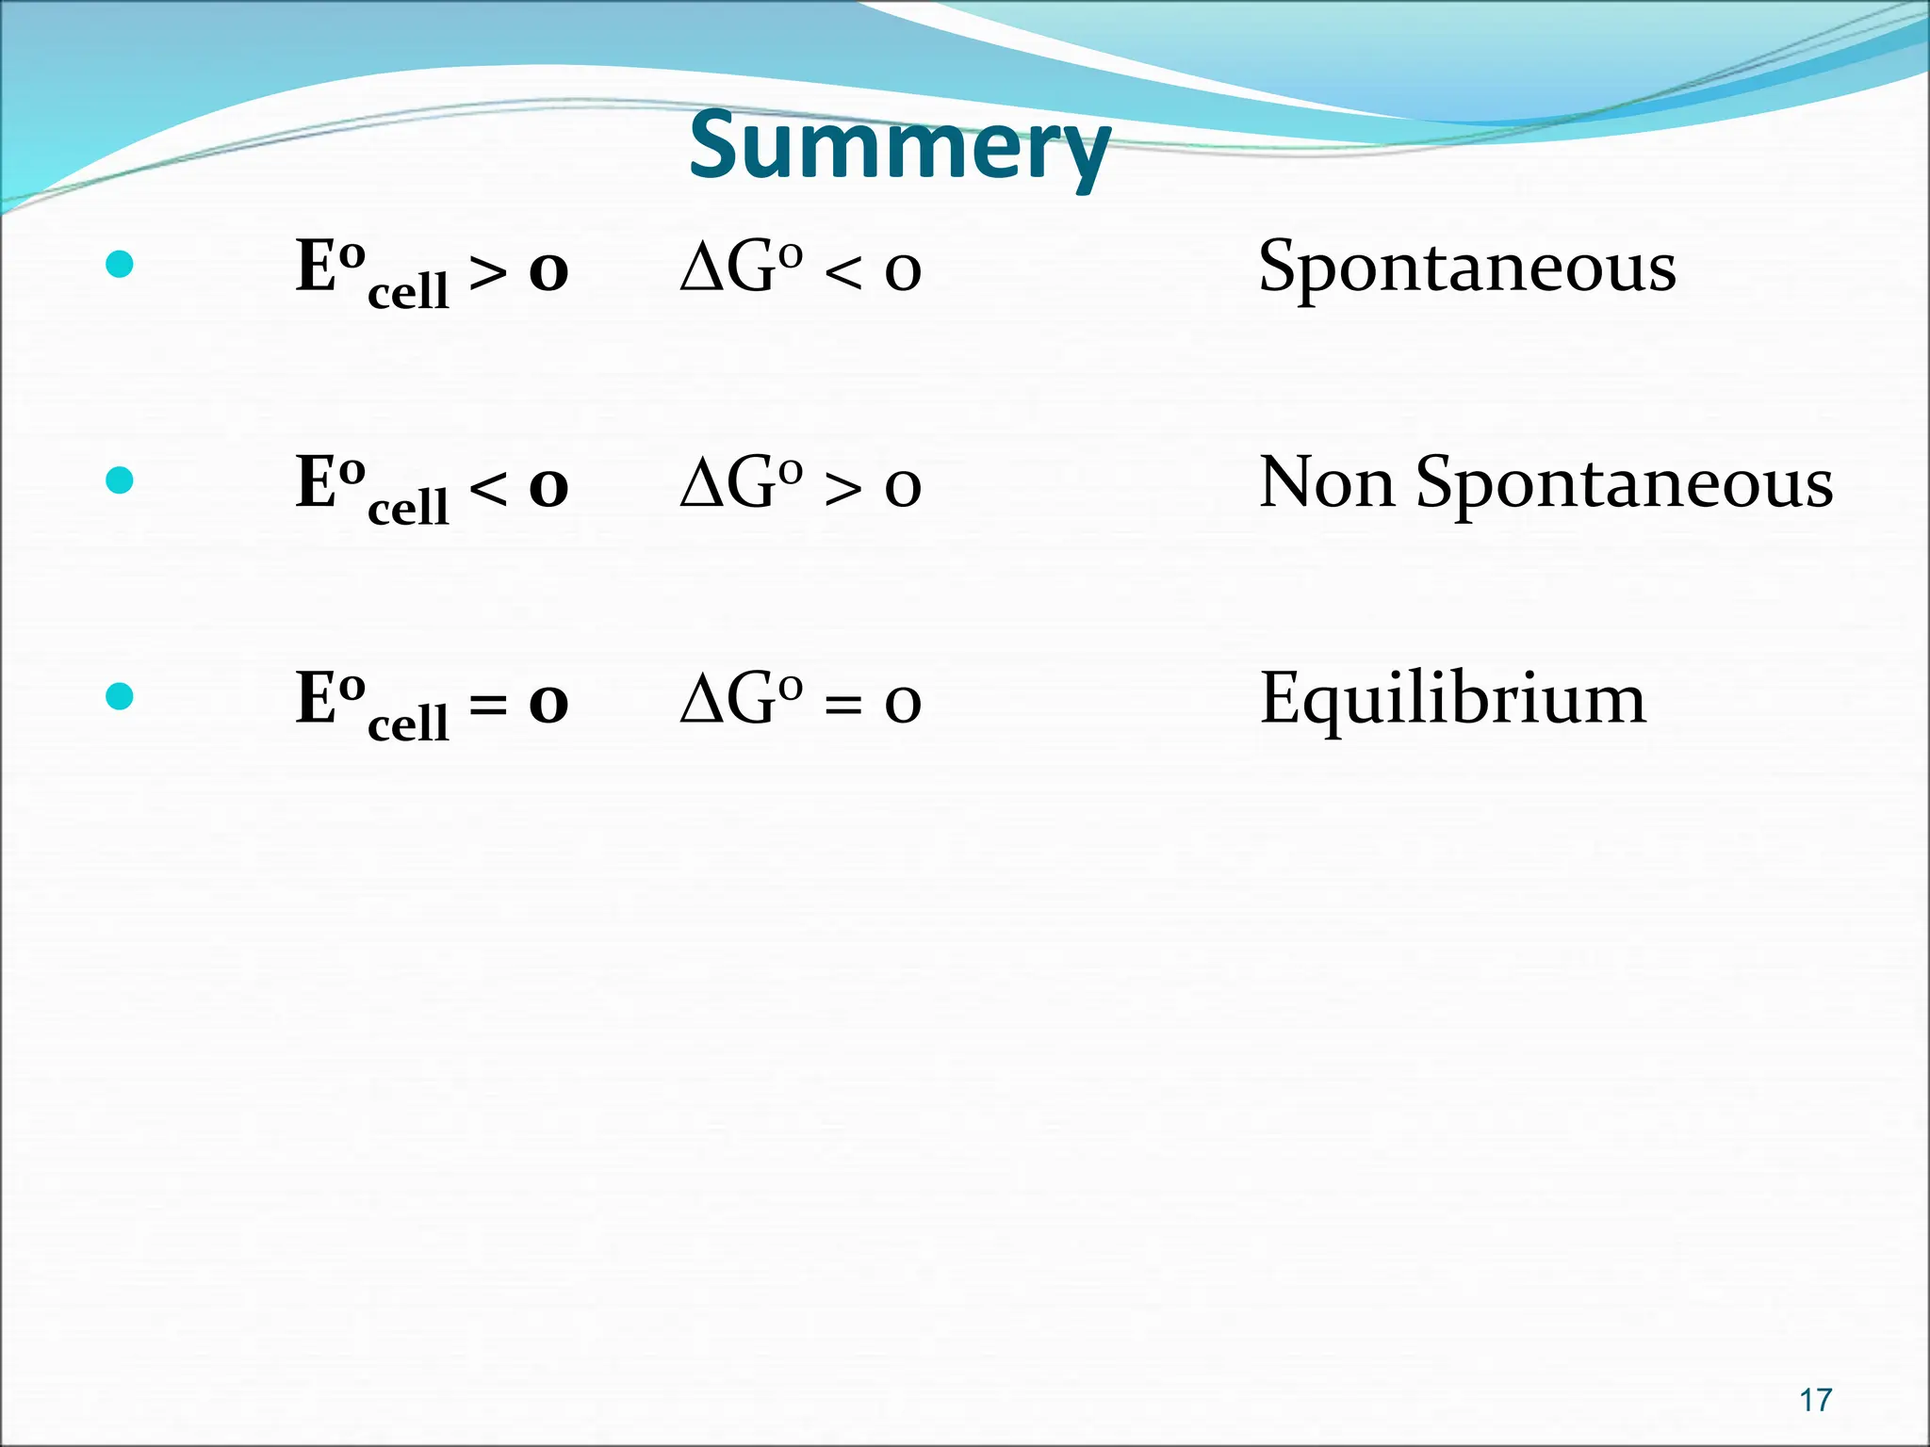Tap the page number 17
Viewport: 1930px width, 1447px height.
coord(1815,1400)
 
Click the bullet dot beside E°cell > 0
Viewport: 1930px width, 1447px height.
coord(120,265)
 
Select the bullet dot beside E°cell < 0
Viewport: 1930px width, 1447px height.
coord(120,481)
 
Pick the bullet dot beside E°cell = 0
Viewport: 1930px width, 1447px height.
coord(120,697)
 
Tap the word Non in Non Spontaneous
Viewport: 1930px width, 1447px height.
coord(1327,483)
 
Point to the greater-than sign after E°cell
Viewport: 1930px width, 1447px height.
coord(488,274)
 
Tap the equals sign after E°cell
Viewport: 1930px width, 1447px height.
coord(488,706)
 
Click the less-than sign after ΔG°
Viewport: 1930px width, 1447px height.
coord(842,274)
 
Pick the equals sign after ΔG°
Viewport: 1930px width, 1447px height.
coord(842,706)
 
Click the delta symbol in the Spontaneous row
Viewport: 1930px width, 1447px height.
coord(700,268)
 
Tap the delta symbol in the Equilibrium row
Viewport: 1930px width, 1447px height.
coord(700,700)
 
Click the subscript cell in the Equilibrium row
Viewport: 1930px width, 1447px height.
coord(408,723)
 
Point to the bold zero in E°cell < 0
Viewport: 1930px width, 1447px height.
coord(548,488)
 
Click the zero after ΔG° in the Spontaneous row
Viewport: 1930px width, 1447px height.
coord(903,273)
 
